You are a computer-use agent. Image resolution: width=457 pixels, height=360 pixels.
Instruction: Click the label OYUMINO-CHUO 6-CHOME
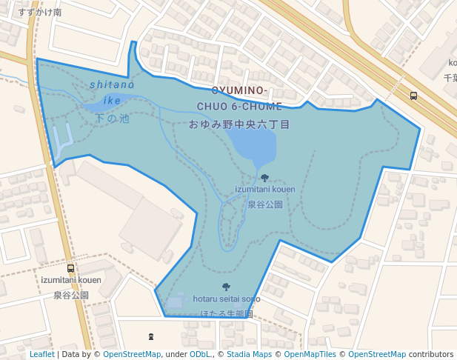pyautogui.click(x=239, y=99)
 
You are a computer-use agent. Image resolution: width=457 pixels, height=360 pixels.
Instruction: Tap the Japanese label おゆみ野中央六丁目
pyautogui.click(x=239, y=124)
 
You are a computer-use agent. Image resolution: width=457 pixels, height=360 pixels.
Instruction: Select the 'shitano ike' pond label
pyautogui.click(x=112, y=92)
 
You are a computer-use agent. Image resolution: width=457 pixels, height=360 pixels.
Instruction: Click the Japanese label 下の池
pyautogui.click(x=113, y=119)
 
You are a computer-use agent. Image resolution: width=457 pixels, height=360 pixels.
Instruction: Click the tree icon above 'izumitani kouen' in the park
pyautogui.click(x=265, y=178)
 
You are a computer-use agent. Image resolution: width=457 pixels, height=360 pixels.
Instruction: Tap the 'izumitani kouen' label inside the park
pyautogui.click(x=264, y=190)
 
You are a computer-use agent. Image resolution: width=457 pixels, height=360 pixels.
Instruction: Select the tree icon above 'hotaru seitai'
pyautogui.click(x=226, y=287)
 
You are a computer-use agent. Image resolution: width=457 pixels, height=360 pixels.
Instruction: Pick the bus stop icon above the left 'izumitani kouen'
pyautogui.click(x=70, y=268)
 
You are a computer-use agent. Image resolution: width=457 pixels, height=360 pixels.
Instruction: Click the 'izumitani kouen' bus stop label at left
pyautogui.click(x=71, y=280)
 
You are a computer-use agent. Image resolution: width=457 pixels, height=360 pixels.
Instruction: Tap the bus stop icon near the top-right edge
pyautogui.click(x=413, y=96)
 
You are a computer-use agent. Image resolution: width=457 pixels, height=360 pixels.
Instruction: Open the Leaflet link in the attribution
pyautogui.click(x=41, y=355)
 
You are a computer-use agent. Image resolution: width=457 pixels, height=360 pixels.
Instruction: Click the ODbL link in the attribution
pyautogui.click(x=200, y=355)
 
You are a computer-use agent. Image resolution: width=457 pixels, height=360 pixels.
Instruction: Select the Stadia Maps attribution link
pyautogui.click(x=249, y=355)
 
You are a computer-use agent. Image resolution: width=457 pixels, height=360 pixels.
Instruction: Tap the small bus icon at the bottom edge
pyautogui.click(x=151, y=337)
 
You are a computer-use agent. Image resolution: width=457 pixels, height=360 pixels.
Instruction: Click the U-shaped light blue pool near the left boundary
pyautogui.click(x=62, y=141)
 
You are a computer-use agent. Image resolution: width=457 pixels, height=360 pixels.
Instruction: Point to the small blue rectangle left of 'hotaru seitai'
pyautogui.click(x=175, y=302)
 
